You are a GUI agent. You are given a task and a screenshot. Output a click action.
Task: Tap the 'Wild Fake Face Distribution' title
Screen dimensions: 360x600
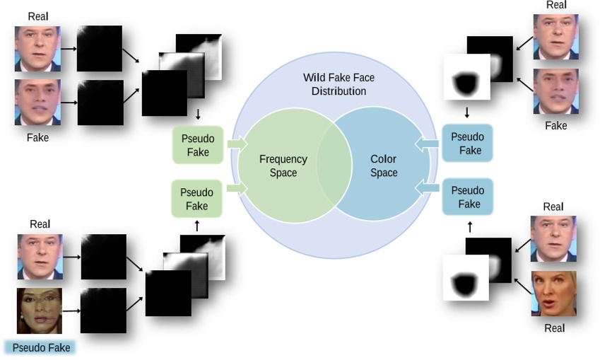point(335,84)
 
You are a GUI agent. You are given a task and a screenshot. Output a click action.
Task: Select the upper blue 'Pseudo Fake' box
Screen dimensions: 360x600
point(467,143)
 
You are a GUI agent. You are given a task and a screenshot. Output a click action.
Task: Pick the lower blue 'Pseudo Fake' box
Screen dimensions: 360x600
point(467,197)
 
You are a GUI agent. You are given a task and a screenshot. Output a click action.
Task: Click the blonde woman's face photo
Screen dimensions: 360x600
point(553,294)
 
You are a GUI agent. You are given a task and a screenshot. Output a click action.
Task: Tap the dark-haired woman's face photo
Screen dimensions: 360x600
point(40,310)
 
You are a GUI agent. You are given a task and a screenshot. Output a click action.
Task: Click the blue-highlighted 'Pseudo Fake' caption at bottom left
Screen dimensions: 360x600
point(42,348)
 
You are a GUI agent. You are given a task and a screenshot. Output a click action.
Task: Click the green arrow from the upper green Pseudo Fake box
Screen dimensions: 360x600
point(237,144)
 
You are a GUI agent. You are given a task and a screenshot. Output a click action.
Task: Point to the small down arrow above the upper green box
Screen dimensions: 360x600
point(198,114)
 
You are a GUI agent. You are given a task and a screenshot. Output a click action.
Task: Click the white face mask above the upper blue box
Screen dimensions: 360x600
point(465,78)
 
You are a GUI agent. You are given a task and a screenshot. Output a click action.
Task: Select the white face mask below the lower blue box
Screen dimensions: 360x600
point(465,277)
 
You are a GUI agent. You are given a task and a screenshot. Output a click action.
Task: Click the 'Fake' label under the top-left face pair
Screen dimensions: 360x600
point(37,137)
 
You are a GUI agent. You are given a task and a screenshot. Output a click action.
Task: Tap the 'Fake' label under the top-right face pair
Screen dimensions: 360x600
point(556,125)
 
